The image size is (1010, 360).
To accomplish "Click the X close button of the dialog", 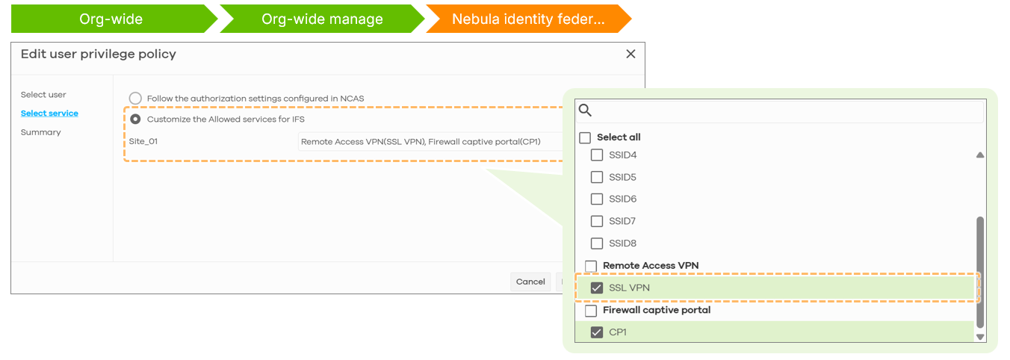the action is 631,54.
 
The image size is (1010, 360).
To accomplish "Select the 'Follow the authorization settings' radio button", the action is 135,99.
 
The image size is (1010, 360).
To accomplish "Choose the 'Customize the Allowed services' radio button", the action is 135,119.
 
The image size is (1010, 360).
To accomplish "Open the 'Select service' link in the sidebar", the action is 49,113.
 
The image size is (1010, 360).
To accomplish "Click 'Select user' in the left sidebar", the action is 43,95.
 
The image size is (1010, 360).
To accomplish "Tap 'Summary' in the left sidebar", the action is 40,132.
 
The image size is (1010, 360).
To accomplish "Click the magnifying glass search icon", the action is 585,110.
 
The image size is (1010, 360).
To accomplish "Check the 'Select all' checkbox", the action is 585,137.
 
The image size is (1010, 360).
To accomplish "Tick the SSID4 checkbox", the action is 597,155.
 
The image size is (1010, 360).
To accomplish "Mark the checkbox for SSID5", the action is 597,177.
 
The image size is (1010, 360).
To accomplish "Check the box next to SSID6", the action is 597,199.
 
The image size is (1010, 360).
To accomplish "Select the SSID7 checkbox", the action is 597,221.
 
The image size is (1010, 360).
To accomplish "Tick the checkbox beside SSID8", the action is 597,243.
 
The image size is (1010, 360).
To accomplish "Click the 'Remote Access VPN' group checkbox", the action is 591,266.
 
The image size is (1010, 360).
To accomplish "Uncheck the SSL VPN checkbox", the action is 597,288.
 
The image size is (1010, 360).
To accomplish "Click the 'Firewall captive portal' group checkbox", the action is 591,311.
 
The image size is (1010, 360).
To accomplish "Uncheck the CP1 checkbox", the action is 597,332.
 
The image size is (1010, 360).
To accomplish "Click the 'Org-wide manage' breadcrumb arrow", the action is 322,19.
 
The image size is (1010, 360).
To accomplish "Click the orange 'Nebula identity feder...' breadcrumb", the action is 528,19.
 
